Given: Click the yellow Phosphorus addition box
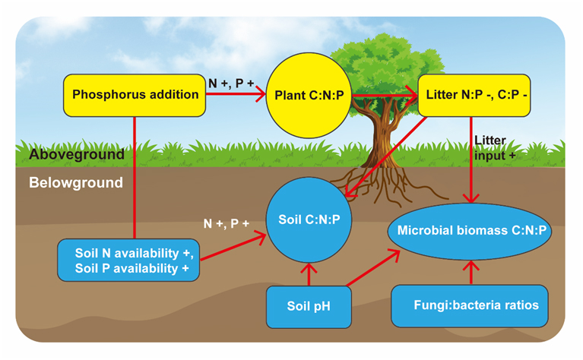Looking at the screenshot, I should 135,95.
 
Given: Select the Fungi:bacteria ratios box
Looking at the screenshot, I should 471,306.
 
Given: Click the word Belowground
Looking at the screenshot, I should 76,183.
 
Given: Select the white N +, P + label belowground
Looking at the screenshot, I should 226,224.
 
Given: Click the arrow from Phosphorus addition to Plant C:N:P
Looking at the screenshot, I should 236,95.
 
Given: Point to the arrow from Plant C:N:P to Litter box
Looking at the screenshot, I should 383,95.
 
